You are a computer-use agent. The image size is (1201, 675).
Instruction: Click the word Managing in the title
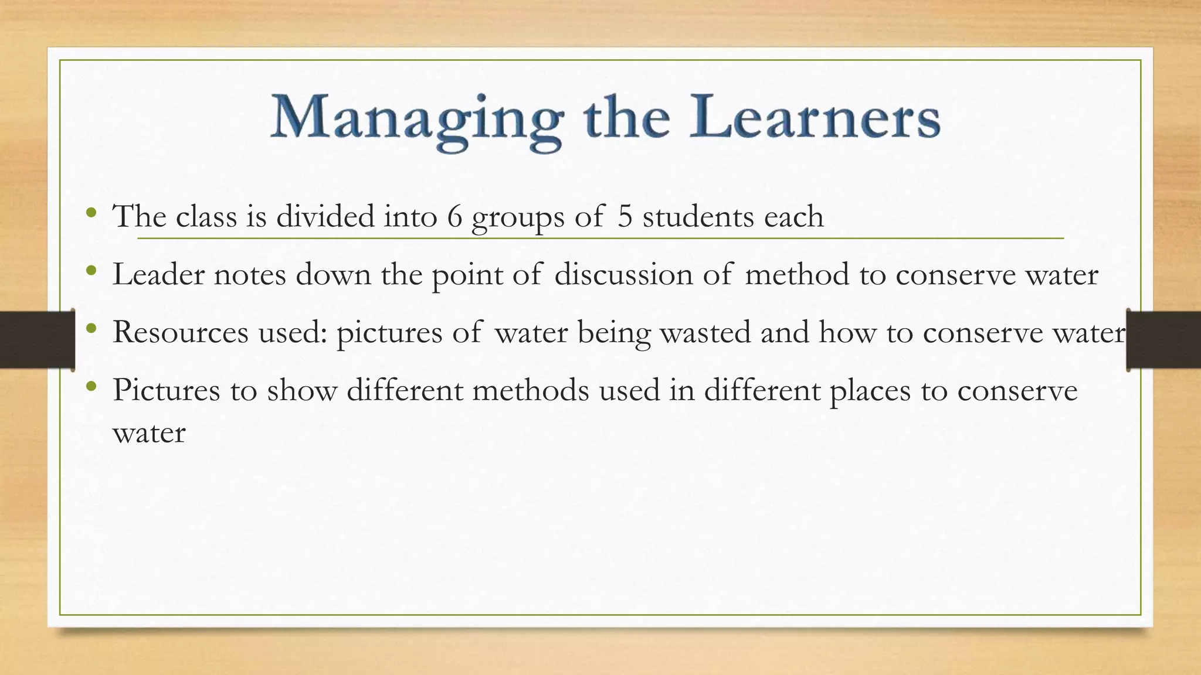coord(416,120)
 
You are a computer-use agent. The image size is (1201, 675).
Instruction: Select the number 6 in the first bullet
coord(454,217)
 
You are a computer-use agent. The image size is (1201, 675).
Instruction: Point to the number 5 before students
coord(625,217)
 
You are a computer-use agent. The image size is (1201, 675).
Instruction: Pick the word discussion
coord(623,274)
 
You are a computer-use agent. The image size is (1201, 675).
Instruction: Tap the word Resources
coord(181,332)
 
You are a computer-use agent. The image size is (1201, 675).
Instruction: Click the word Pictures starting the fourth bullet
coord(166,390)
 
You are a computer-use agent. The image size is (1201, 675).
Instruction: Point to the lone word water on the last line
coord(149,434)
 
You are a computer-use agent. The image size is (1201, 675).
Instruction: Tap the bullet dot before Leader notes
coord(90,270)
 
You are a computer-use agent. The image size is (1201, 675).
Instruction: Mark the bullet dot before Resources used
coord(90,328)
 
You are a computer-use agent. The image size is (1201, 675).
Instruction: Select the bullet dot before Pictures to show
coord(90,386)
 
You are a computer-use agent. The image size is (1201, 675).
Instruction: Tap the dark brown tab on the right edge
coord(1163,340)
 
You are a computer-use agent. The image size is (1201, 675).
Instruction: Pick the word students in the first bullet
coord(698,217)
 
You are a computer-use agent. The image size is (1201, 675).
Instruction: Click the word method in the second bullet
coord(797,274)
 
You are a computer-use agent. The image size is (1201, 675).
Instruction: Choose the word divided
coord(325,217)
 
